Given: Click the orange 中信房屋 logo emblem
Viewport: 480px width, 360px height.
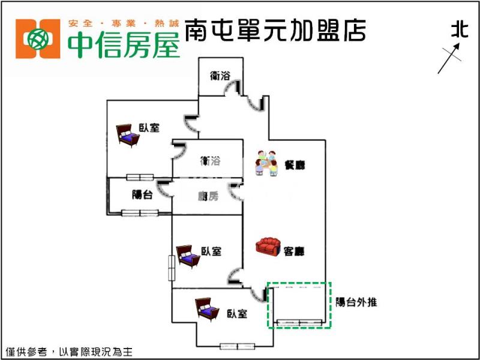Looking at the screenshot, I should [38, 39].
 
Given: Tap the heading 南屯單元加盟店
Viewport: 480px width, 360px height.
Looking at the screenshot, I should [275, 30].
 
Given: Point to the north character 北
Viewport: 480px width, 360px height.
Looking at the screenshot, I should [459, 30].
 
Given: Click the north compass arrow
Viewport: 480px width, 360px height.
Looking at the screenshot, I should [449, 60].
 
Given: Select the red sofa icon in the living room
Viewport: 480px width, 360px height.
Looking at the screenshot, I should [268, 247].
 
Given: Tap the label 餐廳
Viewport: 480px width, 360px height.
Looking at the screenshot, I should [295, 164].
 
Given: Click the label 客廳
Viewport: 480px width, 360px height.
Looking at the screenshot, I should [293, 251].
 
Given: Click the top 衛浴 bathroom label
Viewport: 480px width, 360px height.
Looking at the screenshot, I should [220, 76].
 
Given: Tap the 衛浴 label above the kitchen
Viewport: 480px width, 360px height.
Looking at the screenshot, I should [211, 161].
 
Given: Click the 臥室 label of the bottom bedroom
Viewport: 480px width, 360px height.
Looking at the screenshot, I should [237, 313].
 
